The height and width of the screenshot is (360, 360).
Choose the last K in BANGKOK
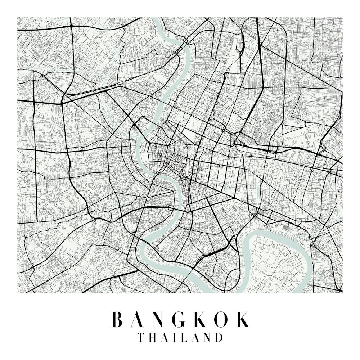pyautogui.click(x=242, y=319)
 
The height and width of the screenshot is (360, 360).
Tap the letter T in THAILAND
pyautogui.click(x=141, y=338)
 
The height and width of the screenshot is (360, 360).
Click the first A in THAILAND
pyautogui.click(x=165, y=338)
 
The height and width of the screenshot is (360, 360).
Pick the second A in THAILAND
pyautogui.click(x=195, y=338)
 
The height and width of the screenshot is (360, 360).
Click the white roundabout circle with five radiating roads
pyautogui.click(x=147, y=198)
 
